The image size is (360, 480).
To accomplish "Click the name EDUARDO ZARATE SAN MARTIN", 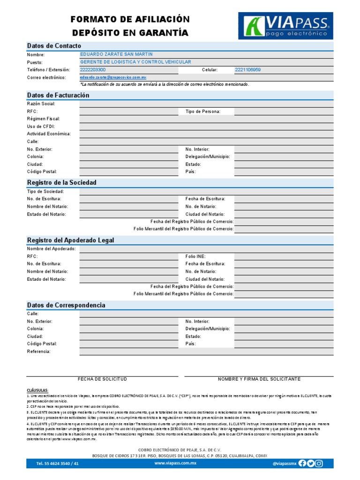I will [116, 55].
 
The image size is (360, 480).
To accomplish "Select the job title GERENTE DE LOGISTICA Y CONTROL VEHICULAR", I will [135, 62].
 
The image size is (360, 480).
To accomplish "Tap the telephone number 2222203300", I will [93, 70].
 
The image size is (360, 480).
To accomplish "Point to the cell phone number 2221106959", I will [247, 70].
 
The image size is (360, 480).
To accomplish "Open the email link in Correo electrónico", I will [113, 77].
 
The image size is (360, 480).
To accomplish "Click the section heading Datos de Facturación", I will [58, 95].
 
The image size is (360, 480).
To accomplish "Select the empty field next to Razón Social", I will [206, 104].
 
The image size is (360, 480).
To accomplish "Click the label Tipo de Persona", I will [202, 112].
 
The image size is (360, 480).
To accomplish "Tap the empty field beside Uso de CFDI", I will [206, 127].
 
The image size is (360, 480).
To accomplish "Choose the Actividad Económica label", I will [49, 134].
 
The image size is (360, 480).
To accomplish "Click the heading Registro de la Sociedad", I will [61, 182].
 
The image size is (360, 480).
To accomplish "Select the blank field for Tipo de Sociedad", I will [206, 191].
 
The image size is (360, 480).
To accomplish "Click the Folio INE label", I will [195, 257].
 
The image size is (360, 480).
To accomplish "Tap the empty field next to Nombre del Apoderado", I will [206, 249].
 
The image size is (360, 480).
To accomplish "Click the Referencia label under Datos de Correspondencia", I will [38, 352].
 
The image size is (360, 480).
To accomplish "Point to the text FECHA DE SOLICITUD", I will [102, 379].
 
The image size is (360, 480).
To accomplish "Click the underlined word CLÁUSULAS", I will [37, 390].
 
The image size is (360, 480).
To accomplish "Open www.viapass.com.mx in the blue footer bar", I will [175, 463].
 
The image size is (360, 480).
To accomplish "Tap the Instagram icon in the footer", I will [319, 463].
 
